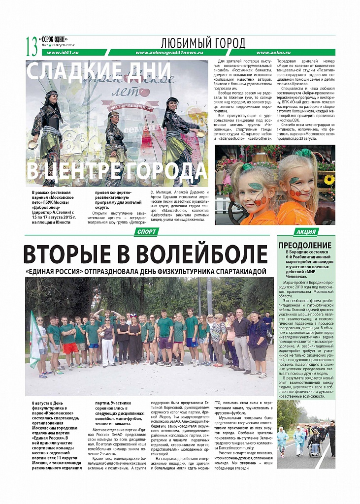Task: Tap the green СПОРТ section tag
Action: click(148, 232)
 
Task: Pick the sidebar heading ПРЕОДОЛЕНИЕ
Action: click(305, 245)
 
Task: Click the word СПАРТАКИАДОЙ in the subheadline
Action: click(233, 271)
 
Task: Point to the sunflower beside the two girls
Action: click(329, 180)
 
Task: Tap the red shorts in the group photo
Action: click(70, 348)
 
